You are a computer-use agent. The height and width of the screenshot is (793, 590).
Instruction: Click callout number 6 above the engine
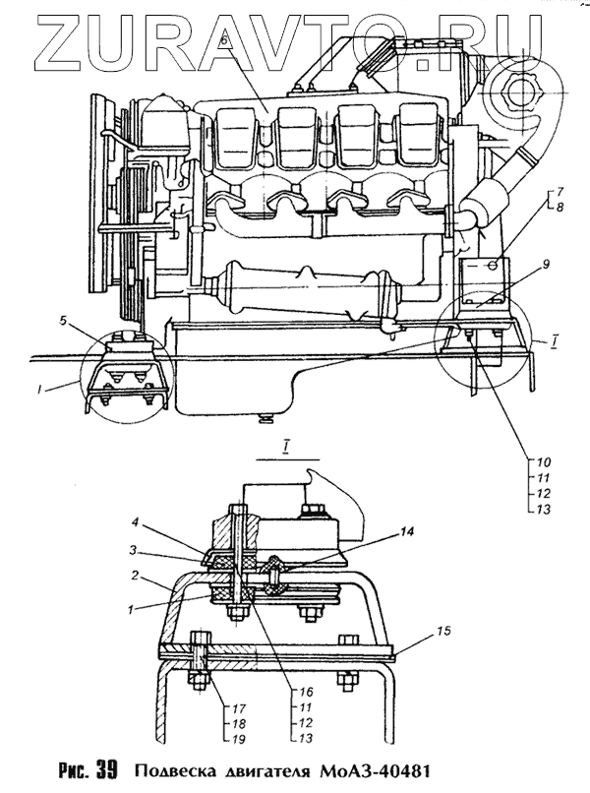pyautogui.click(x=225, y=38)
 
